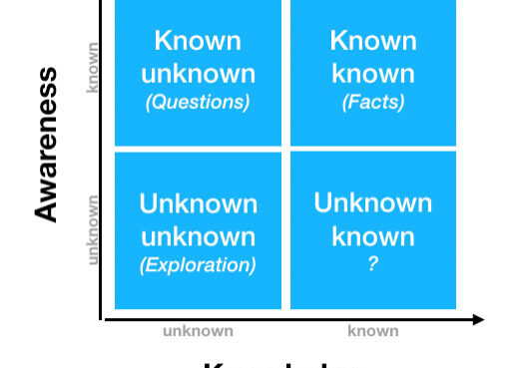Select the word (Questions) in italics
tap(198, 102)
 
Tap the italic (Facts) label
tap(372, 102)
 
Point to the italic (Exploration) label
tap(198, 265)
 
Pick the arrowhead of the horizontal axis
tap(479, 319)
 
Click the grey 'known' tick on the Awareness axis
tap(93, 67)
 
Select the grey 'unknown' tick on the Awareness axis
tap(93, 229)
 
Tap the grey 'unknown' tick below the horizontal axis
tap(198, 331)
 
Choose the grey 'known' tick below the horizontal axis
tap(372, 331)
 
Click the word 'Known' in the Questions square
tap(198, 41)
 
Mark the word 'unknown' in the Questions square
tap(198, 73)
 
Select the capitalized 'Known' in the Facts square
tap(372, 41)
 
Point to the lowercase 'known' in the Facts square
tap(372, 73)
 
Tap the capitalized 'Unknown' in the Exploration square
tap(198, 203)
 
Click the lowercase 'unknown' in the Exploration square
tap(198, 236)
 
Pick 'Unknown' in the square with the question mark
tap(372, 202)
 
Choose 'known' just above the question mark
tap(372, 236)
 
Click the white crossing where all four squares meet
tap(285, 149)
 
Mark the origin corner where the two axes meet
tap(101, 319)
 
